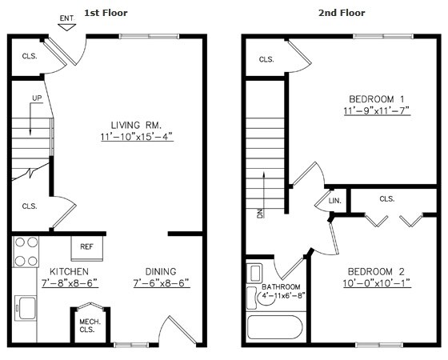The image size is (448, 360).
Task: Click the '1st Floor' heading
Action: (x=106, y=13)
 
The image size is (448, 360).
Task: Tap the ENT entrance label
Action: (x=67, y=17)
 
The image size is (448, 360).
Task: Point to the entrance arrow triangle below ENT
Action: (x=67, y=26)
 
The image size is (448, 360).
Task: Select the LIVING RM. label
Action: (x=137, y=125)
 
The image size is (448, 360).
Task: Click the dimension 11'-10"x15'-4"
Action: (x=137, y=137)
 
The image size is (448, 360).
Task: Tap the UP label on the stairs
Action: (x=37, y=98)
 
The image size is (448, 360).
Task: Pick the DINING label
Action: (x=160, y=271)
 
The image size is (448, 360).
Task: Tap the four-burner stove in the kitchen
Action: (x=25, y=250)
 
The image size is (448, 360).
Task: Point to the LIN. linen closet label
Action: (x=334, y=201)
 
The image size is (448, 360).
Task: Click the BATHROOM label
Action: (x=281, y=287)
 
